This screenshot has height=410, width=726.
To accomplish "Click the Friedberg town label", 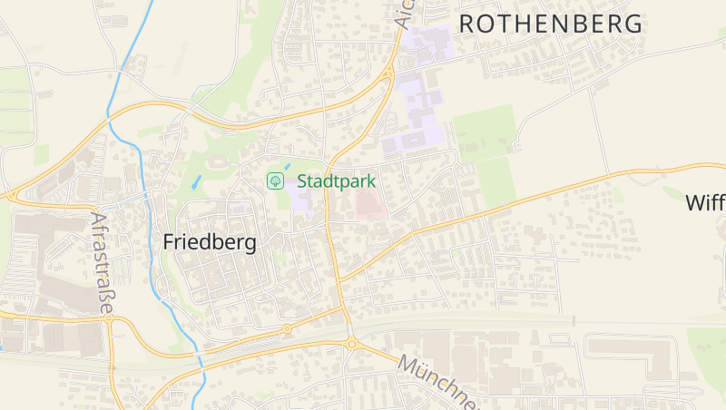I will click(210, 242).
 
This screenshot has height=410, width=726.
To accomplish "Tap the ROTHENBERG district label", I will click(550, 24).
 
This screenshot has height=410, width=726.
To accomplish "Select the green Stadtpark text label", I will click(336, 181).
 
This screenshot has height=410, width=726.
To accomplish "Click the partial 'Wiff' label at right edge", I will click(705, 202).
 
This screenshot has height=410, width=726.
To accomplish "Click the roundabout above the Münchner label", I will click(351, 343).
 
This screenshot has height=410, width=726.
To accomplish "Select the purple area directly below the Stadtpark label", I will click(303, 200).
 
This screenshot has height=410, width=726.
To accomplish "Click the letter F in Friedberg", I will click(170, 242).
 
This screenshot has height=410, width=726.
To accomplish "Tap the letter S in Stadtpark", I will click(303, 181).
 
